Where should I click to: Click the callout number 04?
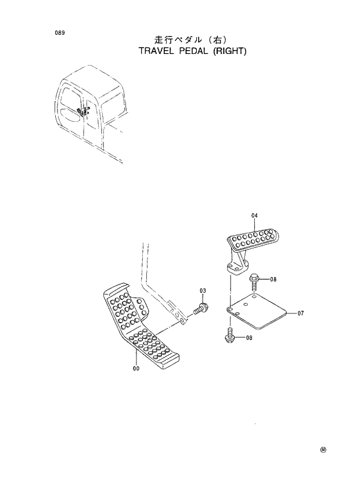tap(254, 216)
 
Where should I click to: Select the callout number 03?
tap(203, 291)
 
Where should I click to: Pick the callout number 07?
tap(301, 313)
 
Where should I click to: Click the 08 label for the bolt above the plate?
tap(273, 279)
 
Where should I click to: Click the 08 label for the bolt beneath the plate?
tap(249, 337)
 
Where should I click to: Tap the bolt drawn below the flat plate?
tap(229, 335)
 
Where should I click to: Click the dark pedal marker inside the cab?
tap(81, 111)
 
